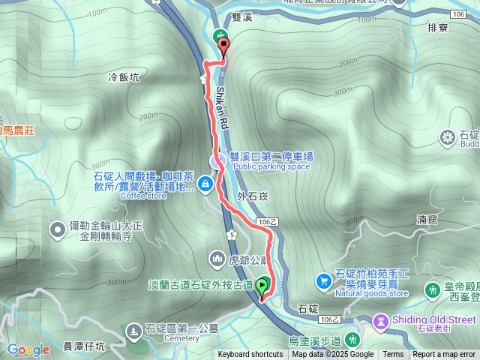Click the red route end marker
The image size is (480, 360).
223,47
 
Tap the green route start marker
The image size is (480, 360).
262,286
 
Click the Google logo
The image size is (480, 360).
28,349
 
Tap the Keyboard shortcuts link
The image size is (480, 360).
250,355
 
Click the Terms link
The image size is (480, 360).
393,355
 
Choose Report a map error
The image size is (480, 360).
444,355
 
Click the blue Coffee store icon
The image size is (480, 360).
205,183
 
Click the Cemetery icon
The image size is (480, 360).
133,329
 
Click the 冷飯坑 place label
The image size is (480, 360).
124,77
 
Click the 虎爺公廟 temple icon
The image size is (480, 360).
217,259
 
